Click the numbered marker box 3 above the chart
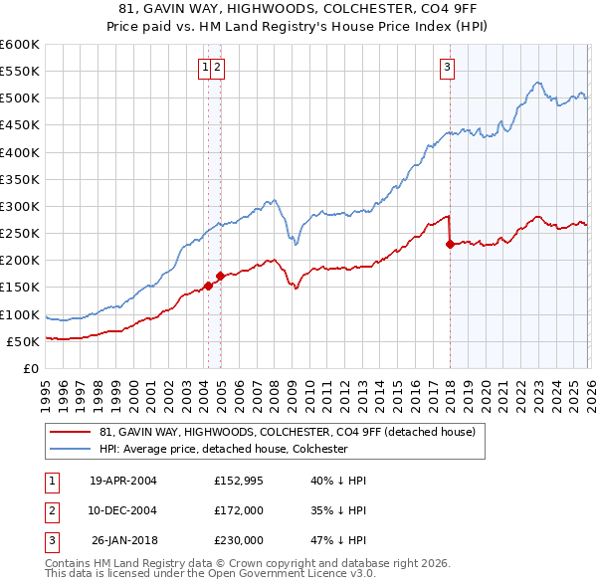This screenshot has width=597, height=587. pos(447,68)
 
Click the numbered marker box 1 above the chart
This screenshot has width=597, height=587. pos(205,68)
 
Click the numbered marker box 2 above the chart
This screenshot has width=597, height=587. pos(217,68)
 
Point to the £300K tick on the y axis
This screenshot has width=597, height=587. pos(20,206)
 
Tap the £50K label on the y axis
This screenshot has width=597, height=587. pos(23,341)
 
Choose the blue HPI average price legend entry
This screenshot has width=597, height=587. pos(222,449)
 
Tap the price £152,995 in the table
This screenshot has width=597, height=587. pos(239,481)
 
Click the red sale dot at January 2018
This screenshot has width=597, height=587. pos(451,244)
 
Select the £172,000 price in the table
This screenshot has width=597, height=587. pos(239,509)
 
